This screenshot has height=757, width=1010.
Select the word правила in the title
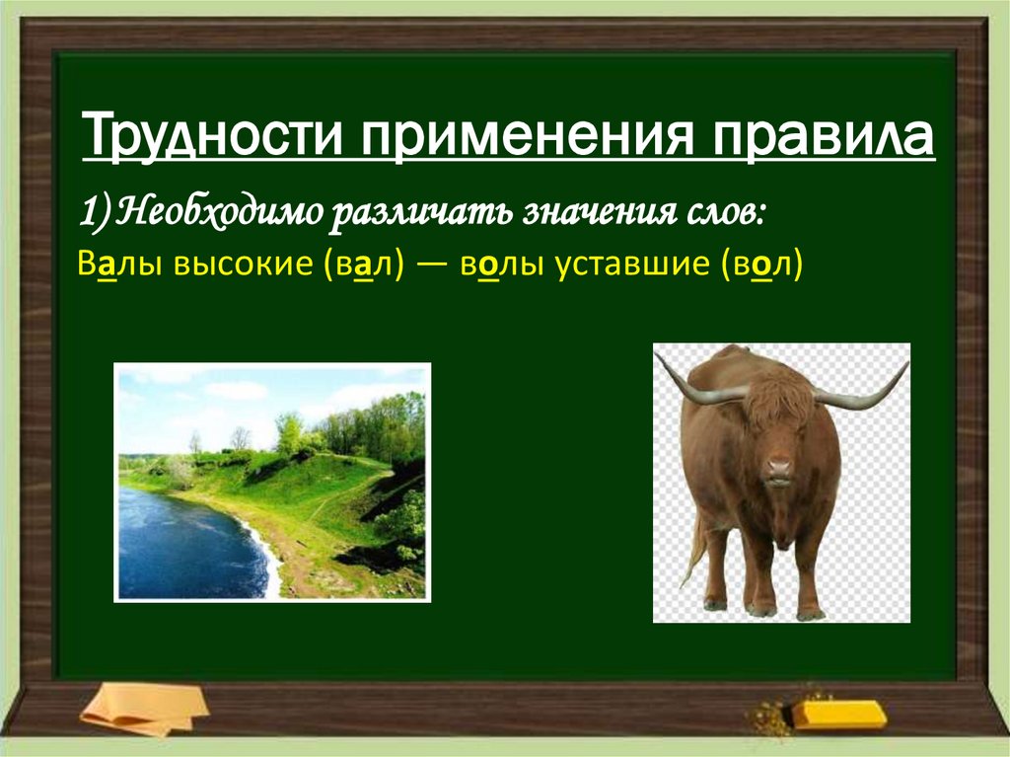[x=823, y=135]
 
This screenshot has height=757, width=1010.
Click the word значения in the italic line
[x=599, y=214]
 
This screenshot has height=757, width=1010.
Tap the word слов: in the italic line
[x=725, y=213]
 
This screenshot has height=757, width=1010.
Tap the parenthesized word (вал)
[x=365, y=265]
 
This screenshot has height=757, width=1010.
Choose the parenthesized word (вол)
[x=761, y=265]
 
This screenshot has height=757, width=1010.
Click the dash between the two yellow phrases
[x=432, y=265]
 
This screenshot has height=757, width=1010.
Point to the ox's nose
[x=779, y=468]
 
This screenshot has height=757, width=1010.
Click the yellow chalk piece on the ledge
[x=838, y=714]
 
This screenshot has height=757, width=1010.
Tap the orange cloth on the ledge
[x=145, y=709]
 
